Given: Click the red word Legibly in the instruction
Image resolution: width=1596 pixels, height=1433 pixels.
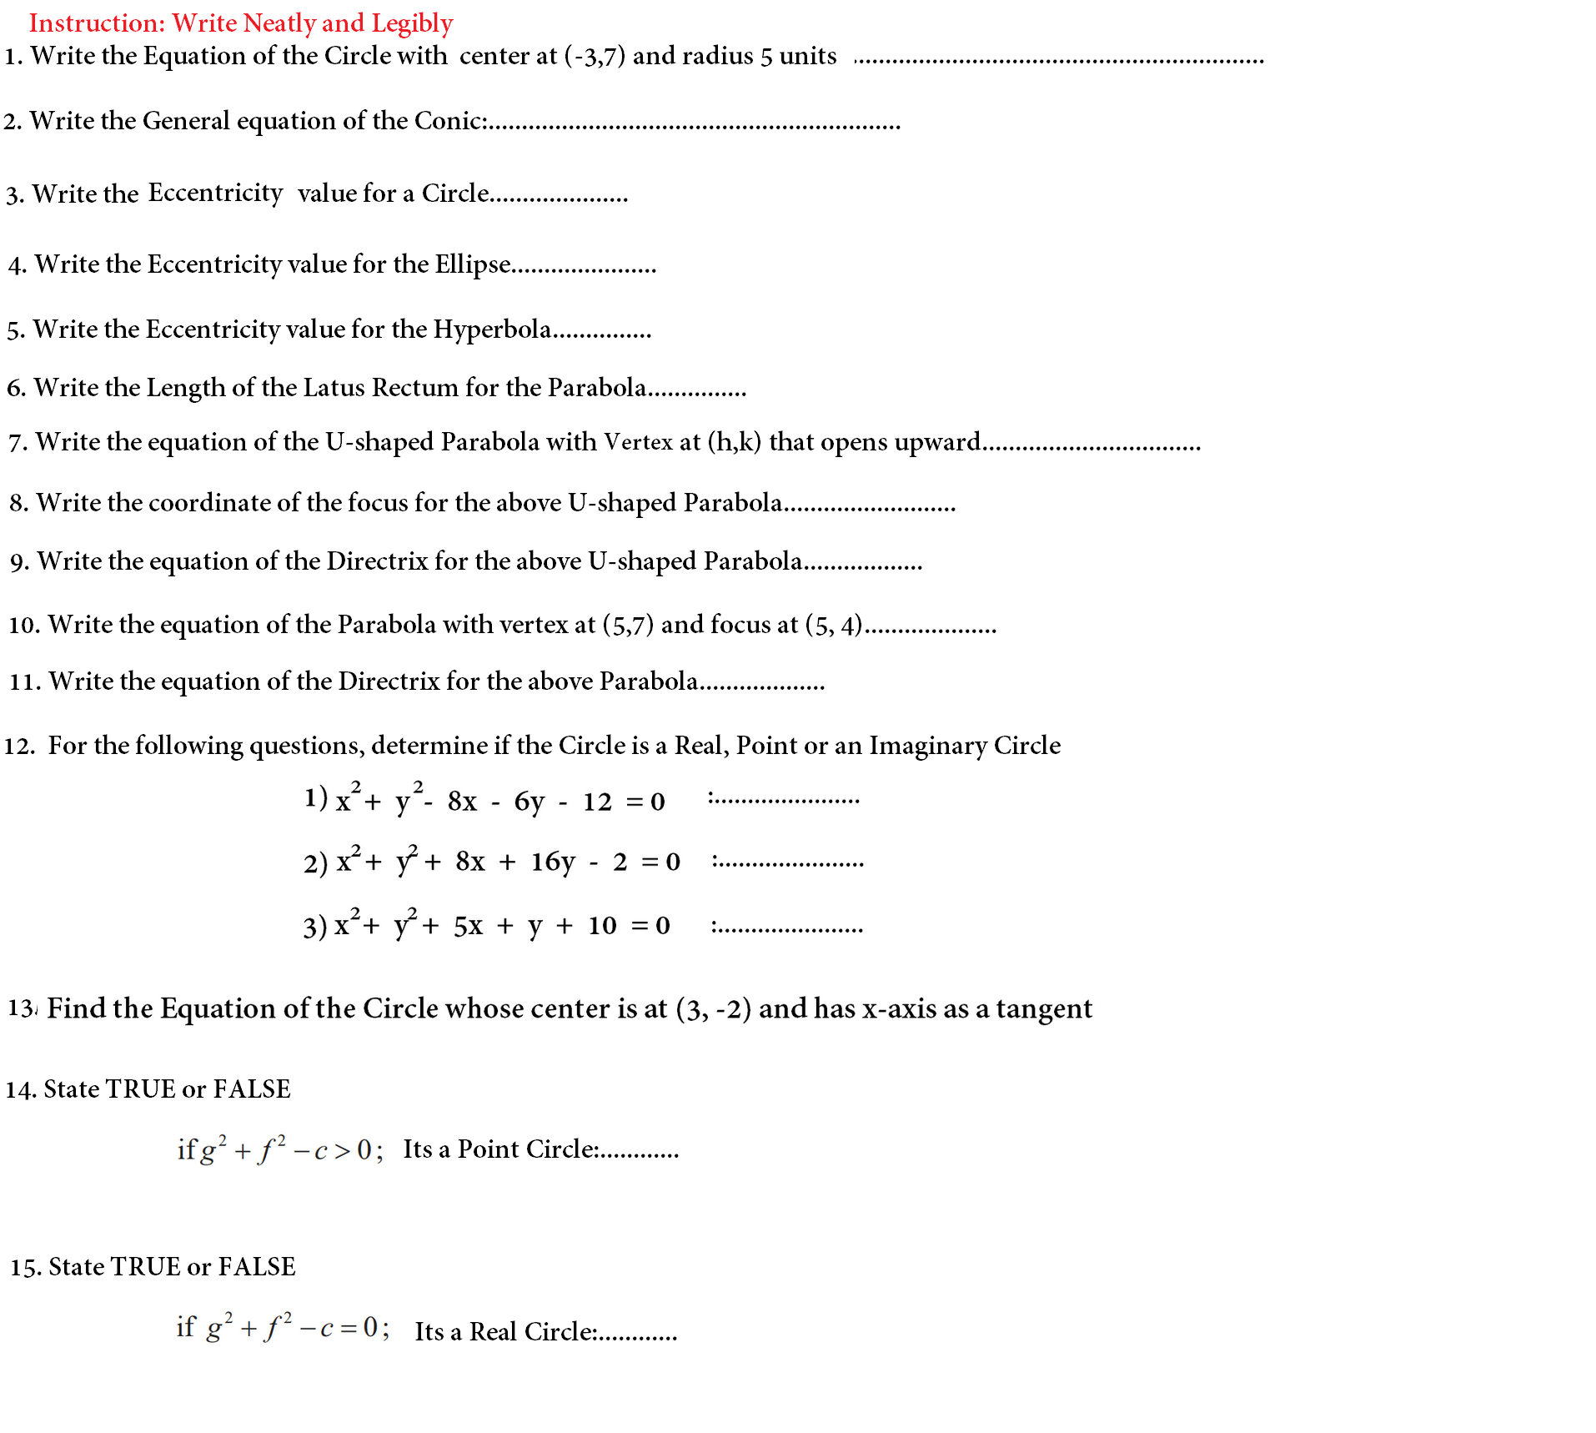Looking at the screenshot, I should pyautogui.click(x=412, y=23).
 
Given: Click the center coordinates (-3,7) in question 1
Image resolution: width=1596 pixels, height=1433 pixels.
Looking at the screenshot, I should pyautogui.click(x=595, y=56).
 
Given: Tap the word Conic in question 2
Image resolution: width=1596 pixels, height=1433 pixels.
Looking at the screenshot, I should pyautogui.click(x=449, y=121).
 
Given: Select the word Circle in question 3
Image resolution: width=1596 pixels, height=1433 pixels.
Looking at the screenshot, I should pyautogui.click(x=455, y=194).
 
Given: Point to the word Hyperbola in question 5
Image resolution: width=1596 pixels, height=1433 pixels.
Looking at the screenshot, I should pyautogui.click(x=492, y=329).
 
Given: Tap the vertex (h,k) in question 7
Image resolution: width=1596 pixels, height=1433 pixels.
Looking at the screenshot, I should pyautogui.click(x=734, y=441).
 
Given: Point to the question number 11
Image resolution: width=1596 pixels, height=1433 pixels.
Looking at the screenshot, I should pyautogui.click(x=24, y=682).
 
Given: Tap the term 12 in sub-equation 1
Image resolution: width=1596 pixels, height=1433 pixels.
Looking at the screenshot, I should pyautogui.click(x=597, y=802).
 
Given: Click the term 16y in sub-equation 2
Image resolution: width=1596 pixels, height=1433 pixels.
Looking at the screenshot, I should pyautogui.click(x=553, y=862).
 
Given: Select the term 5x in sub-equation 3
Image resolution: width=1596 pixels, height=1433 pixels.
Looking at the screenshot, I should pyautogui.click(x=468, y=926).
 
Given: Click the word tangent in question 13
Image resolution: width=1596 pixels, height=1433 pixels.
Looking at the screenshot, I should pyautogui.click(x=1043, y=1009).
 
